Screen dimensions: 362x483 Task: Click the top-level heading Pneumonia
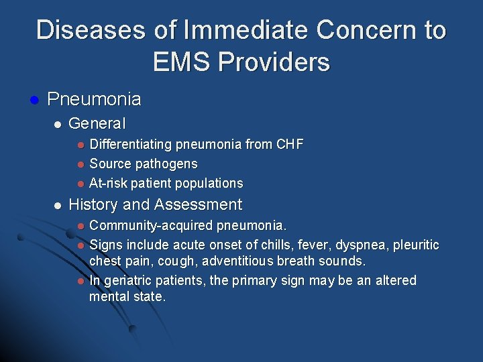(x=95, y=100)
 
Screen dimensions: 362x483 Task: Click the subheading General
(x=97, y=123)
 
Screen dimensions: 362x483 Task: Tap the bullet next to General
(x=58, y=124)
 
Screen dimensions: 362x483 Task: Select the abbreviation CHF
(x=288, y=144)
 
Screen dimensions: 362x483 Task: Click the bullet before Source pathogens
(x=79, y=164)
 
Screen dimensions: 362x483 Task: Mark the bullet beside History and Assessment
(x=58, y=205)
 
